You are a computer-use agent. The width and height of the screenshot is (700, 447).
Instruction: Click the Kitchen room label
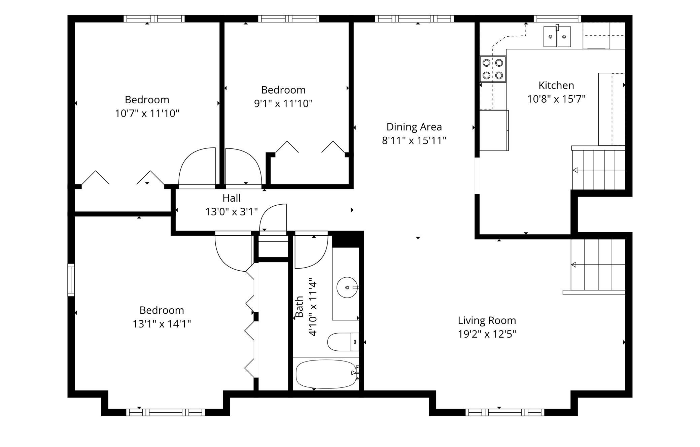pyautogui.click(x=556, y=85)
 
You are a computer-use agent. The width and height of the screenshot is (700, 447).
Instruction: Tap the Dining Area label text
pyautogui.click(x=414, y=127)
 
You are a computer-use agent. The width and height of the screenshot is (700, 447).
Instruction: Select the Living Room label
pyautogui.click(x=487, y=320)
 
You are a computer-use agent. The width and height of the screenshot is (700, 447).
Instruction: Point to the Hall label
pyautogui.click(x=232, y=198)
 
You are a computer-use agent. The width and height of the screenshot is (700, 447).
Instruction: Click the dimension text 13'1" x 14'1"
pyautogui.click(x=162, y=324)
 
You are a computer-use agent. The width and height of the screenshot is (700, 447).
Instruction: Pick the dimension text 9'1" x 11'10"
pyautogui.click(x=283, y=103)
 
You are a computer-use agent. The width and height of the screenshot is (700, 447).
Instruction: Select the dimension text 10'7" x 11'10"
pyautogui.click(x=147, y=113)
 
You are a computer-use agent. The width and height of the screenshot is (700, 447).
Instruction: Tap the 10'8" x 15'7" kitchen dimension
pyautogui.click(x=556, y=99)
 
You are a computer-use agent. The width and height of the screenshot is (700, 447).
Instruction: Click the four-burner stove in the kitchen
pyautogui.click(x=493, y=69)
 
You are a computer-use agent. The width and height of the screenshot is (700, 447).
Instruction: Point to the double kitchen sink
pyautogui.click(x=557, y=36)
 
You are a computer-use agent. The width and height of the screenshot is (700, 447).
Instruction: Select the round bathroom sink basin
pyautogui.click(x=347, y=287)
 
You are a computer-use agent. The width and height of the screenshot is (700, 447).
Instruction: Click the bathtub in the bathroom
pyautogui.click(x=326, y=374)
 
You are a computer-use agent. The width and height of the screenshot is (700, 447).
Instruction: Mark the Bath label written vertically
pyautogui.click(x=299, y=307)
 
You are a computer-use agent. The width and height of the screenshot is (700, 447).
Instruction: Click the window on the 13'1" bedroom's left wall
pyautogui.click(x=71, y=280)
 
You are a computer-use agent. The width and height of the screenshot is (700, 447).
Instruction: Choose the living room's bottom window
pyautogui.click(x=505, y=412)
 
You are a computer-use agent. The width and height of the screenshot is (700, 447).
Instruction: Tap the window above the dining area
pyautogui.click(x=414, y=19)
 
